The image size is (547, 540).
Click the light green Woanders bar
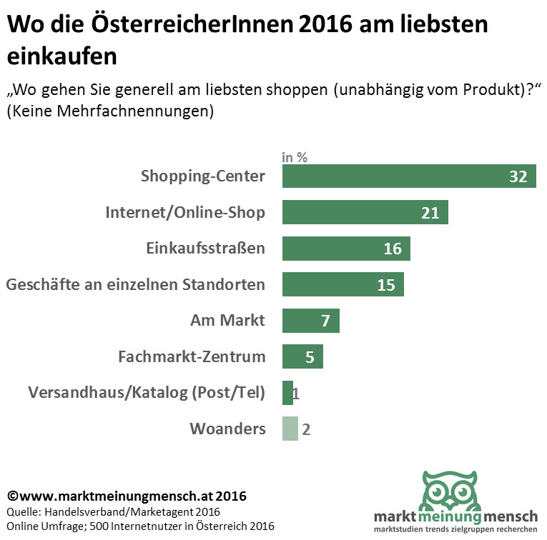(x=290, y=429)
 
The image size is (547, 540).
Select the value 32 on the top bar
(x=518, y=176)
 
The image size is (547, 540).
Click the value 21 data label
(x=430, y=212)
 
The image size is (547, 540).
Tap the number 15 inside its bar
(x=386, y=285)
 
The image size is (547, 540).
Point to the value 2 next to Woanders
(x=306, y=429)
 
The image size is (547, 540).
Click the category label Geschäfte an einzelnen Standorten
(x=136, y=284)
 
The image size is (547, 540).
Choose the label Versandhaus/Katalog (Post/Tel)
(x=147, y=393)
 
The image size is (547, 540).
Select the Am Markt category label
(x=227, y=321)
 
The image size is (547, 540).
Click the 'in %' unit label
(x=295, y=158)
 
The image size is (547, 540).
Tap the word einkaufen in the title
(x=61, y=55)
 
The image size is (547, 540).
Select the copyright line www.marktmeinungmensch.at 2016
(x=127, y=496)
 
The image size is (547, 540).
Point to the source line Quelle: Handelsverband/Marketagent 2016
(x=114, y=511)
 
